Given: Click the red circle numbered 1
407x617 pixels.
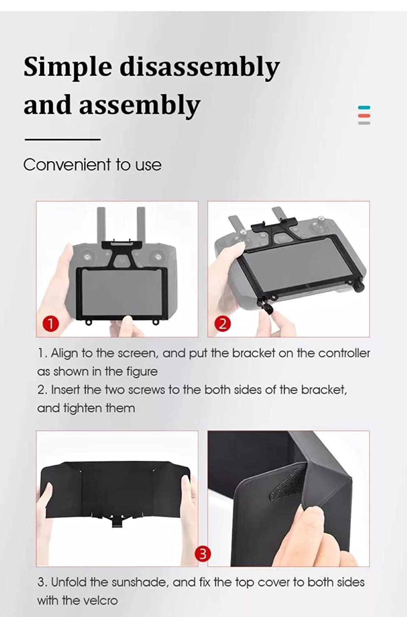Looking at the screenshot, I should [50, 324].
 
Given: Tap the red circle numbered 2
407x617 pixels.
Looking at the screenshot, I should [222, 324].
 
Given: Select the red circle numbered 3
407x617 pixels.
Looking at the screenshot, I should [202, 554].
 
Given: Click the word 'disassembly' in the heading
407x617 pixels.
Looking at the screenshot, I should [199, 67].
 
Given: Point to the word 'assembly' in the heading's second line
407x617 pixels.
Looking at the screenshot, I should [139, 105].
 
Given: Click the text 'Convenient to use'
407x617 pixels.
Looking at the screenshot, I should [92, 165].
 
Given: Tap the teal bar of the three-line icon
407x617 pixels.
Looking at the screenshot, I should [364, 108].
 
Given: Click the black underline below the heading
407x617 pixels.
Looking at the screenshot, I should [62, 139].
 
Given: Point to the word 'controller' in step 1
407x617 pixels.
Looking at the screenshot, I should [344, 353].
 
